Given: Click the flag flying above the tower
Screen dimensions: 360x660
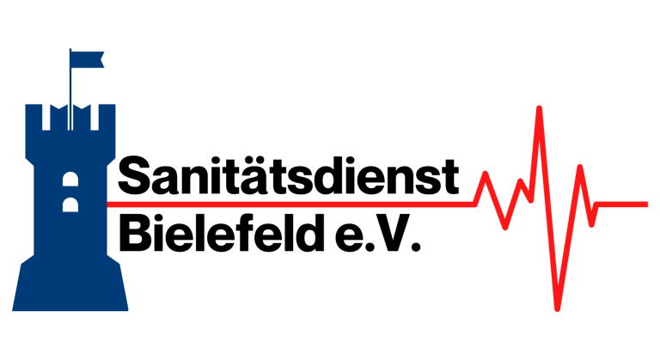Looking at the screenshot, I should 86,58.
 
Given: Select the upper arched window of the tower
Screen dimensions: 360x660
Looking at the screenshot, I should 70,180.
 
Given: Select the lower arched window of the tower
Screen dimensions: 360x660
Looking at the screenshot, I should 70,205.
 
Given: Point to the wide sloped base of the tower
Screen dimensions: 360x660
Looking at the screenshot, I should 70,288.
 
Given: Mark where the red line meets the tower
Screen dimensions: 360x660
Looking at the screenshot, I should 109,204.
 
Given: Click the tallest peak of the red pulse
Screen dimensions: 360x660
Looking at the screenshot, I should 539,108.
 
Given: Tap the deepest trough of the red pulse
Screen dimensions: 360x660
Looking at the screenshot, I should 557,308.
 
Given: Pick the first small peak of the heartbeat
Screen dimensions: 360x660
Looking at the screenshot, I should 486,174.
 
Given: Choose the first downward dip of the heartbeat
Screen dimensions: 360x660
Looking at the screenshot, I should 504,228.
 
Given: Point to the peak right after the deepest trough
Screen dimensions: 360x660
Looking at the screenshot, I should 580,167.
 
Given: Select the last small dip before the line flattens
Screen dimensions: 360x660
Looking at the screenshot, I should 591,224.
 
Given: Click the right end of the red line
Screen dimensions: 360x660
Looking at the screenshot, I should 646,204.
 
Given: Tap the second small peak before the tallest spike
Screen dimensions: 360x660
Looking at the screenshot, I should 521,180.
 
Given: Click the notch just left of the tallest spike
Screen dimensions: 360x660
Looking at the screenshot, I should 529,200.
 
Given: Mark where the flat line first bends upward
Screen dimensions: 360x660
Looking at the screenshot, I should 474,204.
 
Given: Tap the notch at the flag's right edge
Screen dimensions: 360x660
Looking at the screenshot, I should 101,58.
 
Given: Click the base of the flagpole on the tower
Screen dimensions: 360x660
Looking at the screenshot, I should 70,103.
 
